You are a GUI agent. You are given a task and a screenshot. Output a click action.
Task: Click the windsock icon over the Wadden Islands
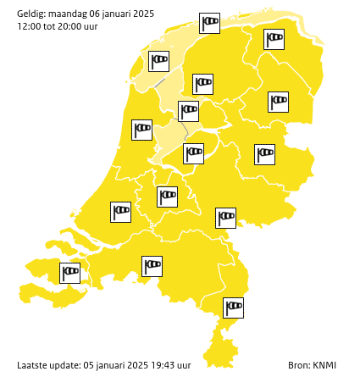point(209,23)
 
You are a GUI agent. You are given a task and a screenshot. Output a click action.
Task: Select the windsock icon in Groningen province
point(274,39)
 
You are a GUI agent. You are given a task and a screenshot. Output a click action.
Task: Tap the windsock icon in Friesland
point(202,84)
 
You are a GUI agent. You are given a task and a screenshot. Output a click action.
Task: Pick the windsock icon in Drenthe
point(278,102)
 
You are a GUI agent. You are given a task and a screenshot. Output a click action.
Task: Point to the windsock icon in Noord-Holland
point(141,130)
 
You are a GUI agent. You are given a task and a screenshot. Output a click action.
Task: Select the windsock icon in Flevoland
point(194,153)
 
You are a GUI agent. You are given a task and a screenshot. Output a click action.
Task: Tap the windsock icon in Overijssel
point(265,154)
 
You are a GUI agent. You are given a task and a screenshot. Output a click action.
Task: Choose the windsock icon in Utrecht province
point(168,197)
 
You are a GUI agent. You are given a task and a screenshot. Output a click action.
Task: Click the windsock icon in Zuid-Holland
point(121,211)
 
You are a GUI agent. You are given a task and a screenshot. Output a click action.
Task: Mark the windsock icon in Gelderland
point(225,218)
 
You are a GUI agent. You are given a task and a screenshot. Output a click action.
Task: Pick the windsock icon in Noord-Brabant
point(152,266)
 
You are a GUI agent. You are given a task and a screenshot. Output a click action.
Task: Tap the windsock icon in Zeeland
point(70,273)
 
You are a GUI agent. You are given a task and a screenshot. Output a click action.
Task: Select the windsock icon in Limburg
point(233,308)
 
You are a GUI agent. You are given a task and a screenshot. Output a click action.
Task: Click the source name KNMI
point(325,365)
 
